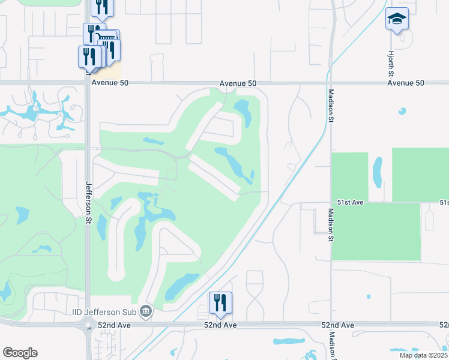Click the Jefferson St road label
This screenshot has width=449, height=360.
coord(88,203)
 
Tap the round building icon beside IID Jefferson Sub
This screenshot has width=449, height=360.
coord(146,311)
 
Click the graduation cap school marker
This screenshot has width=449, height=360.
coord(397,19)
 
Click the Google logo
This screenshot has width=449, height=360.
coord(20,353)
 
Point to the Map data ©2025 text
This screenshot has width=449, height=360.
coord(423,355)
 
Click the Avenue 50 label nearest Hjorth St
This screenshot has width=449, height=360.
coord(406,83)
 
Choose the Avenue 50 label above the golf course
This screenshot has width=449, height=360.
coord(238,83)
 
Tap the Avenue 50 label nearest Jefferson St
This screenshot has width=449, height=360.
coord(107,83)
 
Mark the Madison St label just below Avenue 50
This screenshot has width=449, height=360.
coord(331,106)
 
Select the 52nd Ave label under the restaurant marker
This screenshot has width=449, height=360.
coord(221,325)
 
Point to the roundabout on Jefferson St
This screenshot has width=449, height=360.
coord(88,326)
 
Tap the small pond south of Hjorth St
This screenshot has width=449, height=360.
coord(402,111)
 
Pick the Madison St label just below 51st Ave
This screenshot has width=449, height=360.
coord(331,224)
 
